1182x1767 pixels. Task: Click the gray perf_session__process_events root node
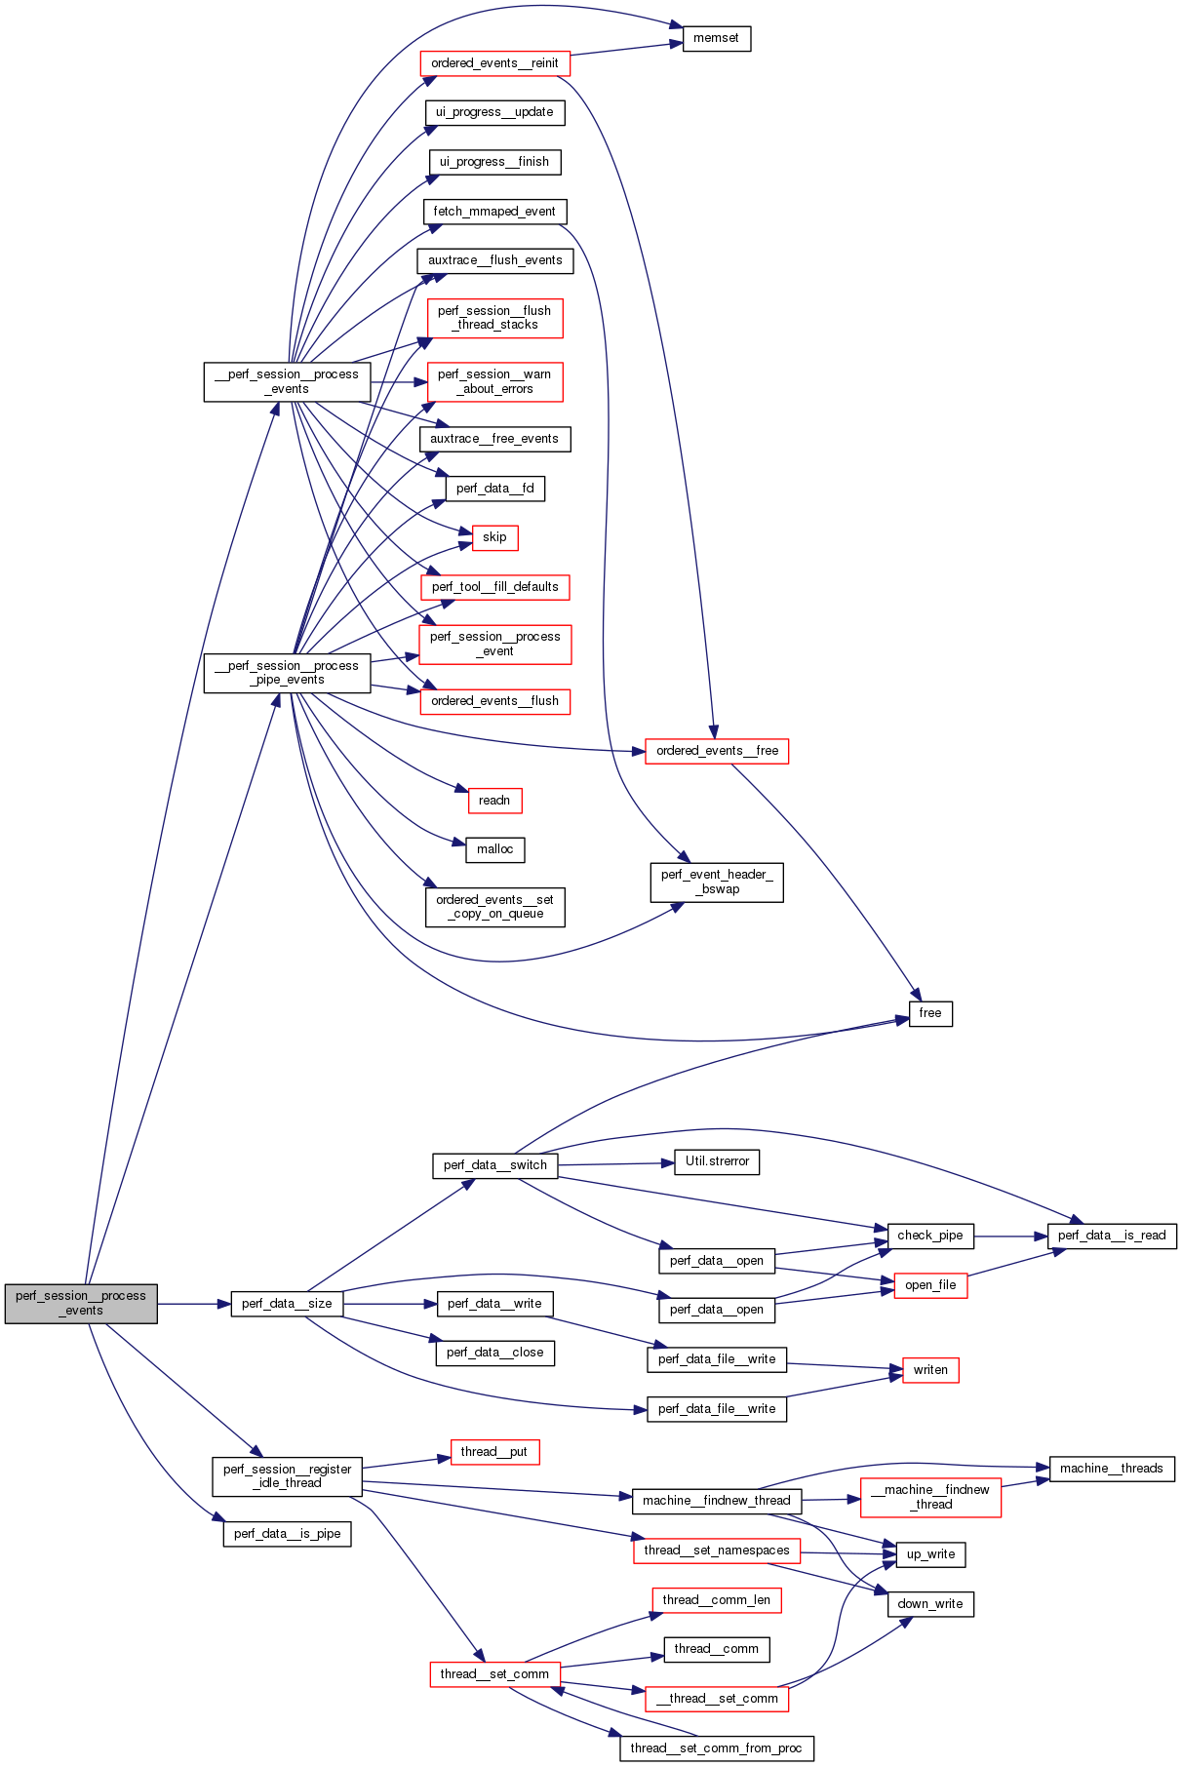(81, 1303)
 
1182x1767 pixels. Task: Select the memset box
(716, 38)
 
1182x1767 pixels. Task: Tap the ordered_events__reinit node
(494, 63)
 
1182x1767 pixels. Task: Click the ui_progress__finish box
(494, 162)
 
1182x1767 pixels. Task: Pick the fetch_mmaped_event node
(494, 212)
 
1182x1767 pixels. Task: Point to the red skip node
(494, 537)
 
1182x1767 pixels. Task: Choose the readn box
(494, 801)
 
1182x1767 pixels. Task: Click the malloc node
(494, 849)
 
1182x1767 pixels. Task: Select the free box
(929, 1013)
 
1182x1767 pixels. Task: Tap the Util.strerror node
(717, 1161)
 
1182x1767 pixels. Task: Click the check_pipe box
(929, 1236)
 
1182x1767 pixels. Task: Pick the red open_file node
(929, 1285)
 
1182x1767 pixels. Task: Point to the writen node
(929, 1370)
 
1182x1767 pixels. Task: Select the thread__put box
(493, 1452)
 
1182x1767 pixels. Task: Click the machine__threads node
(1111, 1469)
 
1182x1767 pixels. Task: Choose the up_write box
(930, 1554)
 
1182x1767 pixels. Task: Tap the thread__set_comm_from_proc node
(716, 1748)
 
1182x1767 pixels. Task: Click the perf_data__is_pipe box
(287, 1534)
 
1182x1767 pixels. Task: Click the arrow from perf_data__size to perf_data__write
(389, 1304)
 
